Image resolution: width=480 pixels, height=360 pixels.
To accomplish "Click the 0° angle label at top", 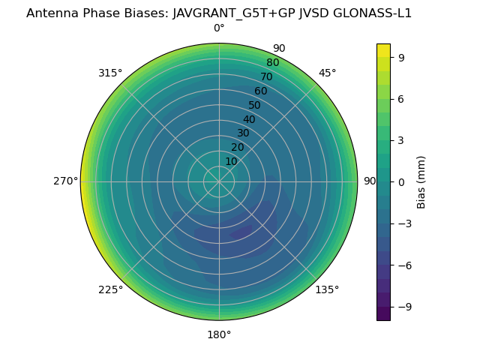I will click(219, 28).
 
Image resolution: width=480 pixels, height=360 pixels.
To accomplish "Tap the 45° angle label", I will click(327, 73).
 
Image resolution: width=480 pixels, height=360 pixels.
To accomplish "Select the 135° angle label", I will click(327, 289).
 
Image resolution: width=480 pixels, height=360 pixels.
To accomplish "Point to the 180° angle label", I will click(219, 334).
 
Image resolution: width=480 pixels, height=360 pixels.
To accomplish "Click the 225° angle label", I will click(110, 289).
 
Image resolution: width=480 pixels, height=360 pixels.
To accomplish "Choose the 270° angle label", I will click(65, 181).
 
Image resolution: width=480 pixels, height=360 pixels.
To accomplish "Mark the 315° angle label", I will click(110, 73).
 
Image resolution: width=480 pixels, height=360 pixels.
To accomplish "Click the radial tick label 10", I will click(231, 161).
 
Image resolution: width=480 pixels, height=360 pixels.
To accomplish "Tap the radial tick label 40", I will click(249, 119).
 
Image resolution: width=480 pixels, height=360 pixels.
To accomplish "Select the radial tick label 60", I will click(260, 91).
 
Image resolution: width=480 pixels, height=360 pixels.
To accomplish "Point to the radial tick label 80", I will click(272, 63).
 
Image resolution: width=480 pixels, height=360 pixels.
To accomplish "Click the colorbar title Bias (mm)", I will click(421, 181).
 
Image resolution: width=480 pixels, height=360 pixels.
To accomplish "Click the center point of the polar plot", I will click(219, 181).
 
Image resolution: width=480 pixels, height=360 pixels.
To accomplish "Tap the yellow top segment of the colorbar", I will click(383, 49).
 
